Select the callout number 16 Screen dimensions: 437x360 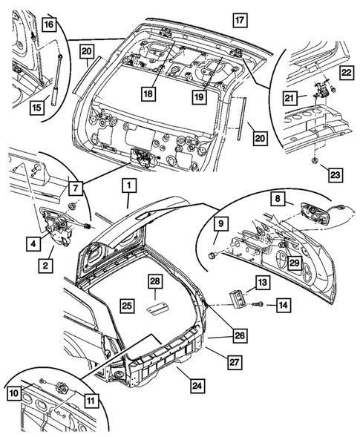48,25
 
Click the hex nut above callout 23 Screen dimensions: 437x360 316,159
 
